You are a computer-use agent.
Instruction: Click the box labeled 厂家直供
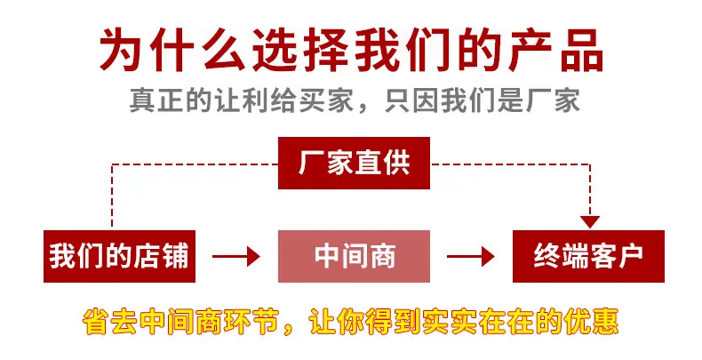[354, 163]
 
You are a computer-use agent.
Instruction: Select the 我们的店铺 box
[119, 256]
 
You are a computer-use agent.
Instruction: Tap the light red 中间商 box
[354, 256]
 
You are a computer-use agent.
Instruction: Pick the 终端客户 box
[588, 256]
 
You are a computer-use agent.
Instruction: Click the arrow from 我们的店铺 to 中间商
[236, 257]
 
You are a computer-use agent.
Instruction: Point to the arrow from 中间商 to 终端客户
[471, 257]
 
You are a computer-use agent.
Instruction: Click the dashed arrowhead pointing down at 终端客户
[590, 221]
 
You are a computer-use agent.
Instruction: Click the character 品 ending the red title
[581, 49]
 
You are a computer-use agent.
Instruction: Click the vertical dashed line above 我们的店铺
[111, 196]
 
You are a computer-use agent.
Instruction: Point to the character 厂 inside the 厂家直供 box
[311, 163]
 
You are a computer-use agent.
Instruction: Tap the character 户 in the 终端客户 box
[630, 256]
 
